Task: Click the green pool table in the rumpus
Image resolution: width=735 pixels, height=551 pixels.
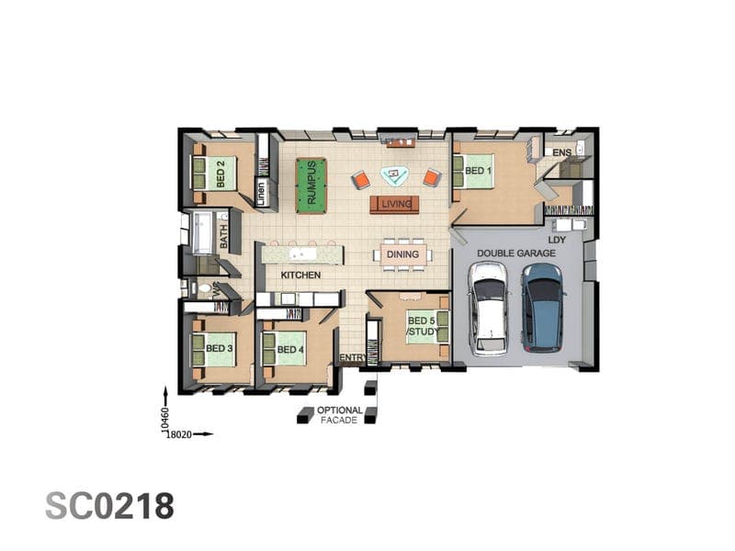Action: point(311,186)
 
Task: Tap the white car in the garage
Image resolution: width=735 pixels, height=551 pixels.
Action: point(489,309)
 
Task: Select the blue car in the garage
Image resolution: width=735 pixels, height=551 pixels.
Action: point(543,308)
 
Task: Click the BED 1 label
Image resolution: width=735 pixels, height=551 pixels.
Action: point(478,171)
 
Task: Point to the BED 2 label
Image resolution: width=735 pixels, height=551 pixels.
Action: point(220,174)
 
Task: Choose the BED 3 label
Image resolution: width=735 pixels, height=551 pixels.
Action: point(219,348)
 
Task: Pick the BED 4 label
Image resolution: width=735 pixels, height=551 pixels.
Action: point(290,349)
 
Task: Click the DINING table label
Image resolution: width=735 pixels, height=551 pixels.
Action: point(402,254)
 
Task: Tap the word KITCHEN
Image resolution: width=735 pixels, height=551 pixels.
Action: point(300,275)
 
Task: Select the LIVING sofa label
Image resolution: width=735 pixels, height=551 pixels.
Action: point(396,204)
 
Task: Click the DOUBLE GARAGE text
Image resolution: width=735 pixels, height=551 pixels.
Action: point(516,253)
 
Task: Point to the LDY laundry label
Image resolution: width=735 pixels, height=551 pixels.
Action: point(557,240)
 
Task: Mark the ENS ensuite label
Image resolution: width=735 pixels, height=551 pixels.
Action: point(561,152)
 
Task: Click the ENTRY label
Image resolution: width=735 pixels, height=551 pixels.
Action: point(353,357)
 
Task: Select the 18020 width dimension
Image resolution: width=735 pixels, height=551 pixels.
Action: point(179,434)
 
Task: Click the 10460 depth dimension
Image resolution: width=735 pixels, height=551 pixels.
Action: point(164,419)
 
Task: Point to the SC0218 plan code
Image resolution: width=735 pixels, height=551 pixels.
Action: point(109,506)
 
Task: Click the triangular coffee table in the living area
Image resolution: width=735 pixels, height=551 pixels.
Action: point(394,175)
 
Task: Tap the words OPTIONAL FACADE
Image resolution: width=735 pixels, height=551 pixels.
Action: point(339,415)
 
